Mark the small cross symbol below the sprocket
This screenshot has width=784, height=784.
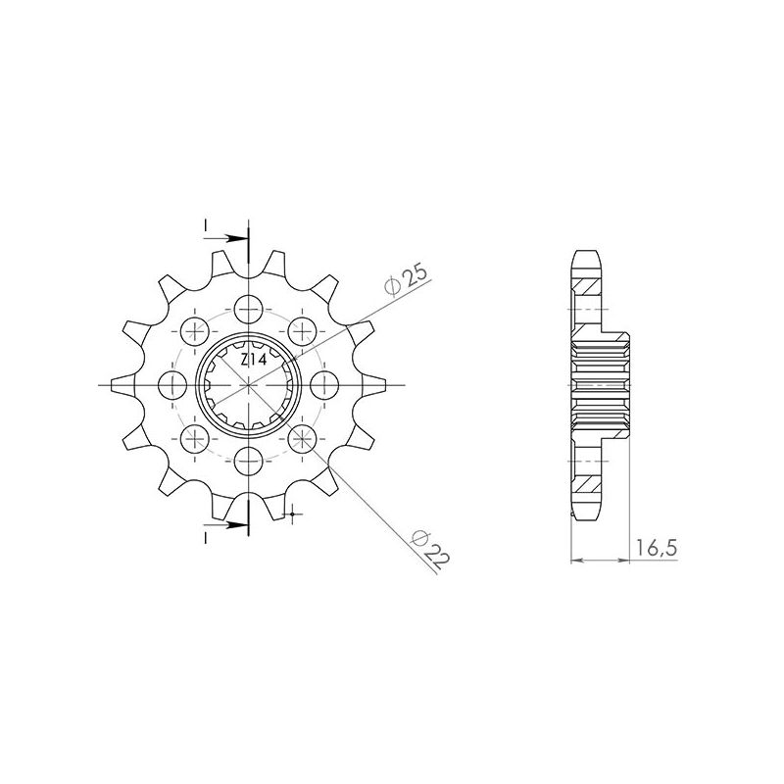(293, 513)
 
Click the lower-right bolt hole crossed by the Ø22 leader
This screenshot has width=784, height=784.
(303, 436)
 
